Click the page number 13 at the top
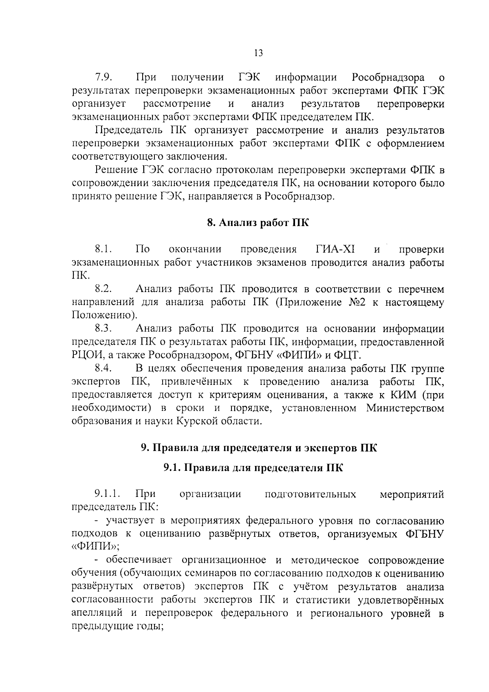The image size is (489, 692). point(258,53)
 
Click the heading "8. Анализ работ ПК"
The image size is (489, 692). point(258,222)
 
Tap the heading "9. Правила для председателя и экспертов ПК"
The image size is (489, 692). point(258,448)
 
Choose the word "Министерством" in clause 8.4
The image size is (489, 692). point(405,408)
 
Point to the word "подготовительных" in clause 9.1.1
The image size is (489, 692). point(310,494)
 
